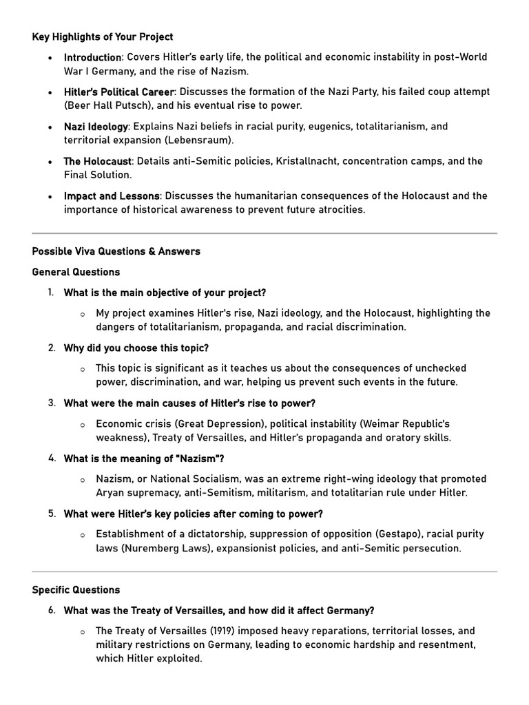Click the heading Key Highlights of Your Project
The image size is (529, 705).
pyautogui.click(x=103, y=36)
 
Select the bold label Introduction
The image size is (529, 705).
pyautogui.click(x=92, y=57)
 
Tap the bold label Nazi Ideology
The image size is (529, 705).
pyautogui.click(x=96, y=127)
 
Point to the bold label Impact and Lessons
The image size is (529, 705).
pyautogui.click(x=112, y=196)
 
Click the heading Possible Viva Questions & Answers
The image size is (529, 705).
pyautogui.click(x=116, y=251)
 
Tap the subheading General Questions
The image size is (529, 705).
pyautogui.click(x=76, y=272)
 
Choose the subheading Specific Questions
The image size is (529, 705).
pyautogui.click(x=76, y=590)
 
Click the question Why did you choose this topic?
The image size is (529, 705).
pyautogui.click(x=136, y=348)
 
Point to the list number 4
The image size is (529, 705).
pyautogui.click(x=52, y=458)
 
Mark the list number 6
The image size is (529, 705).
pyautogui.click(x=52, y=610)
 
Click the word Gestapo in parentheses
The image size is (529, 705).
pyautogui.click(x=397, y=534)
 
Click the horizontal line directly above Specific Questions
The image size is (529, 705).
pyautogui.click(x=264, y=571)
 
